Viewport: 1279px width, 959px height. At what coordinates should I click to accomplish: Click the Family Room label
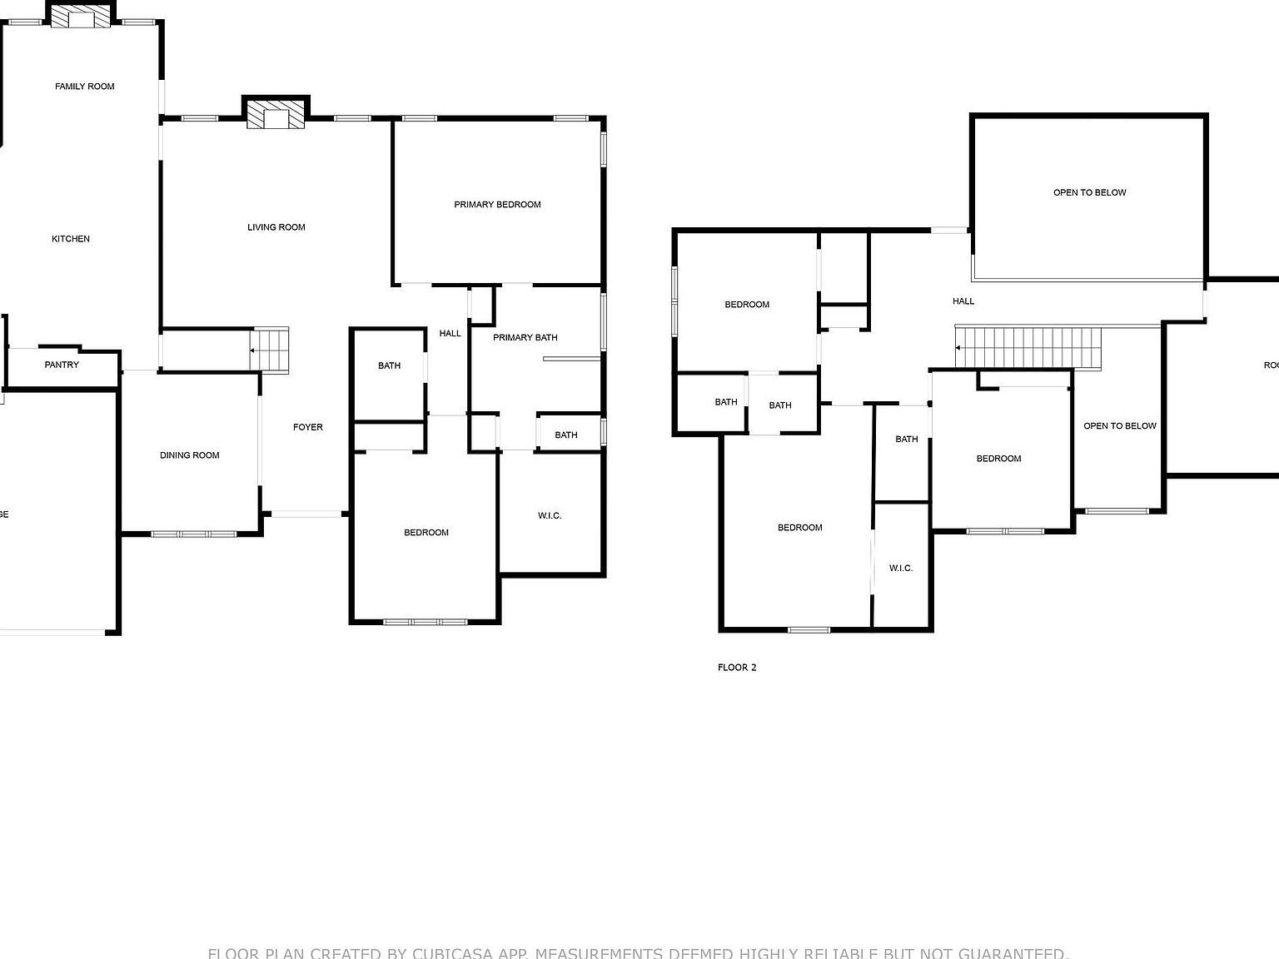[84, 87]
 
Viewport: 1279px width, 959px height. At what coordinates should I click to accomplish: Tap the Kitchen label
[71, 239]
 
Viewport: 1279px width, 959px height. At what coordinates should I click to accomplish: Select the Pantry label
[62, 365]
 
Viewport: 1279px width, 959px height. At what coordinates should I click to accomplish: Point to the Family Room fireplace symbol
[81, 17]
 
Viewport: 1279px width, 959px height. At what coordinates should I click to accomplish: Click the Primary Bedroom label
[497, 205]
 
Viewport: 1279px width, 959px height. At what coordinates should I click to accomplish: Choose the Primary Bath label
[525, 338]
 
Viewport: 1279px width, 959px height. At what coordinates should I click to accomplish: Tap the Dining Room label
[189, 455]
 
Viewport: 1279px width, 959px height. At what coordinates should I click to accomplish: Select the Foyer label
[307, 427]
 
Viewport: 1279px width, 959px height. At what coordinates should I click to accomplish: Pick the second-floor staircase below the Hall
[1028, 347]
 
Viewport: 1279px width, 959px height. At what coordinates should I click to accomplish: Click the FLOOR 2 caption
[737, 668]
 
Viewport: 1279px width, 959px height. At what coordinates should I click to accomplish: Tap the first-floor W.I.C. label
[550, 516]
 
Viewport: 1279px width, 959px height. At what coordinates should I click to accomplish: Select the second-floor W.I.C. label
[901, 569]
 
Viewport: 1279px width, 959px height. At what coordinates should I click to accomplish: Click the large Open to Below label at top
[1089, 193]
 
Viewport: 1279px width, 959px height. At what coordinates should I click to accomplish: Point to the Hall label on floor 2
[963, 301]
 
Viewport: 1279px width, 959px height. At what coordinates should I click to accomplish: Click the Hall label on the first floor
[450, 334]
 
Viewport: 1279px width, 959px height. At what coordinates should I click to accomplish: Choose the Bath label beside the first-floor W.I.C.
[566, 435]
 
